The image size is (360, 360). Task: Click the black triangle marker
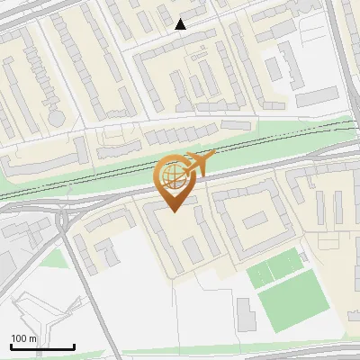(x=181, y=24)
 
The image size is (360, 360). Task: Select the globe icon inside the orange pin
(x=173, y=175)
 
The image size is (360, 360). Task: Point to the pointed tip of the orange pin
(x=173, y=211)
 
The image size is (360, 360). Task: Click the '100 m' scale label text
(x=24, y=338)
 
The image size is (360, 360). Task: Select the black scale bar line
(x=42, y=347)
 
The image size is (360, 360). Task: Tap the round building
(x=57, y=118)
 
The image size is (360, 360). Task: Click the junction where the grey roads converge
(x=64, y=219)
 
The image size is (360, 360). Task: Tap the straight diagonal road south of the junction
(x=90, y=288)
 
